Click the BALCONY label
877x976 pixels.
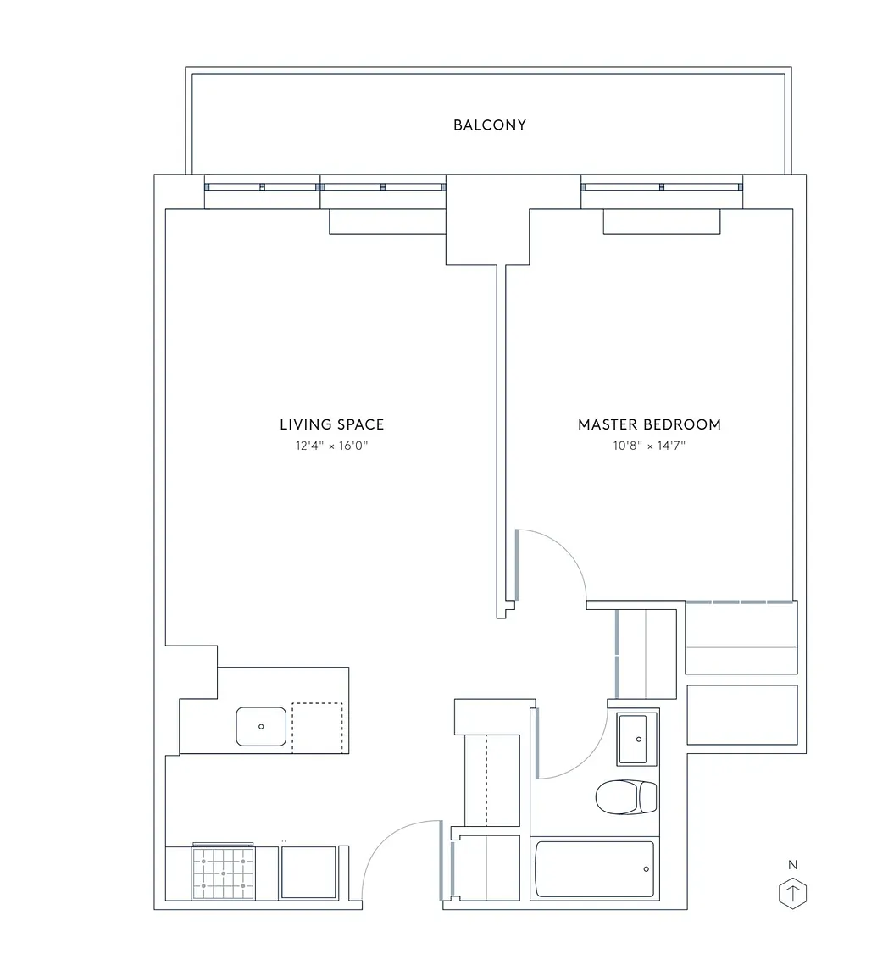pyautogui.click(x=489, y=125)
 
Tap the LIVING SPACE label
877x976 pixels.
pyautogui.click(x=332, y=424)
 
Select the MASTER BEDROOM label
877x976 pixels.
pyautogui.click(x=649, y=424)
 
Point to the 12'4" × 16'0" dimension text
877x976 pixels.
pyautogui.click(x=332, y=446)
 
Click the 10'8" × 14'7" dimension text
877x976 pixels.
pyautogui.click(x=649, y=446)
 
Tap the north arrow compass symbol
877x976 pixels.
pyautogui.click(x=792, y=895)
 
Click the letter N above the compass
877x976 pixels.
pyautogui.click(x=792, y=864)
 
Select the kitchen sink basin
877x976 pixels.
pyautogui.click(x=261, y=726)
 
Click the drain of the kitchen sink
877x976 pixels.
pyautogui.click(x=261, y=726)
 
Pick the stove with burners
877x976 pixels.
pyautogui.click(x=224, y=872)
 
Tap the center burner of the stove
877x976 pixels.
pyautogui.click(x=224, y=873)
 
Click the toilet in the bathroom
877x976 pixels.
pyautogui.click(x=625, y=796)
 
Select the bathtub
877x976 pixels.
pyautogui.click(x=595, y=869)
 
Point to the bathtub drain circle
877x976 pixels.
pyautogui.click(x=646, y=869)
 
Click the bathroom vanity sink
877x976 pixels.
pyautogui.click(x=637, y=739)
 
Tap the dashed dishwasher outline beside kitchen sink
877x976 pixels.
pyautogui.click(x=318, y=727)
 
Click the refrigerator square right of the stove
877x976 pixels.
pyautogui.click(x=308, y=872)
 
